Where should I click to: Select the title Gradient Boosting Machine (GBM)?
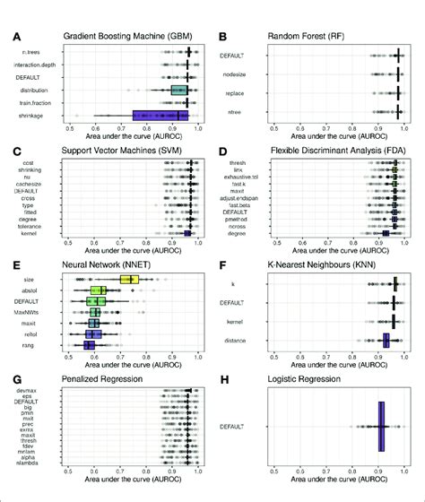(x=126, y=37)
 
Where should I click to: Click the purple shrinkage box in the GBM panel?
(x=160, y=115)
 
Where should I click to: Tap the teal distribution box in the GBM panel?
(x=178, y=90)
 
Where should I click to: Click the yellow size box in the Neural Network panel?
(x=130, y=280)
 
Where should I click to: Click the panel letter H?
(x=221, y=380)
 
